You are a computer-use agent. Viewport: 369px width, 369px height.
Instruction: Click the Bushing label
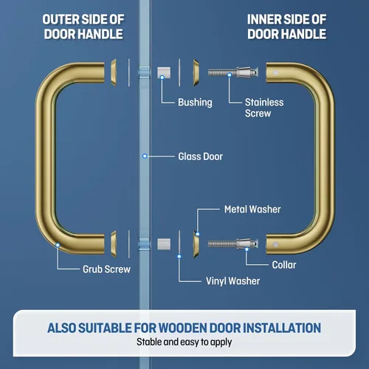(195, 103)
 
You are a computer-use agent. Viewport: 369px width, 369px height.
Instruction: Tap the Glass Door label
(201, 156)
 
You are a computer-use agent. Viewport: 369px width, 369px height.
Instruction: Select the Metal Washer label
(252, 210)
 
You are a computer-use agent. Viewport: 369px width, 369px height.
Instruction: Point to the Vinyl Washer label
(232, 281)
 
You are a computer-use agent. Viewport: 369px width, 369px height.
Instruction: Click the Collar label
(284, 265)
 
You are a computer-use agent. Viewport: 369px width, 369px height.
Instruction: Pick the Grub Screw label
(106, 269)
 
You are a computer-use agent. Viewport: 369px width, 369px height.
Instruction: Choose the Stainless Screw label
(264, 108)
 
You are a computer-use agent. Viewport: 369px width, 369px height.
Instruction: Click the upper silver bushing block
(164, 72)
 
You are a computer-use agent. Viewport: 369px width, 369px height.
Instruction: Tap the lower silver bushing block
(164, 244)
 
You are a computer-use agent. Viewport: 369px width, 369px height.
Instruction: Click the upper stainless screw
(233, 72)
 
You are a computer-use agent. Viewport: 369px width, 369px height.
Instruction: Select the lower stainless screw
(233, 244)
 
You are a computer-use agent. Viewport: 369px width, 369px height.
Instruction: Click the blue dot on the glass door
(145, 156)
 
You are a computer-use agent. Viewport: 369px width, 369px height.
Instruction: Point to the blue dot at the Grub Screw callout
(58, 245)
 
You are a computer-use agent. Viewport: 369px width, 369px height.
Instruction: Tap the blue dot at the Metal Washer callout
(198, 234)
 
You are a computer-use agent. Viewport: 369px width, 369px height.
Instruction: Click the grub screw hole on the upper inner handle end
(275, 72)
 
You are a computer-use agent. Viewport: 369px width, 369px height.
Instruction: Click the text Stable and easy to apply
(184, 342)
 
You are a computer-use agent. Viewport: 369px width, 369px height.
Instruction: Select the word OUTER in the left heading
(61, 19)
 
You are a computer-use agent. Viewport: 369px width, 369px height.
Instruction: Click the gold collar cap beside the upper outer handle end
(114, 72)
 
